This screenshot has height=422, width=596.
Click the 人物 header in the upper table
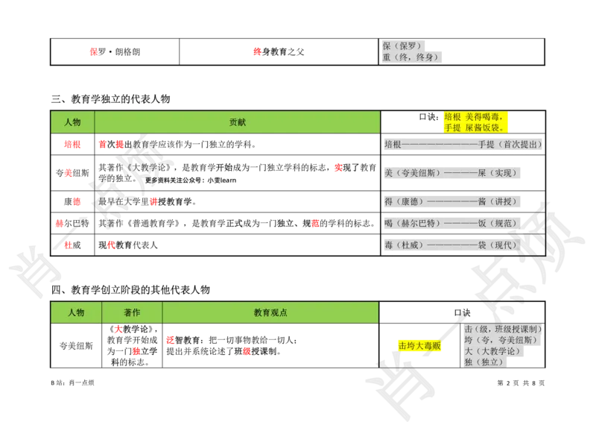pyautogui.click(x=72, y=122)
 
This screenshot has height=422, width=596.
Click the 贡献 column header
pyautogui.click(x=237, y=122)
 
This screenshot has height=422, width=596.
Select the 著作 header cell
pyautogui.click(x=132, y=313)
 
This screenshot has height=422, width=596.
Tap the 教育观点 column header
pyautogui.click(x=270, y=313)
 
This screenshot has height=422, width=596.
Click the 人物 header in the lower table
pyautogui.click(x=76, y=313)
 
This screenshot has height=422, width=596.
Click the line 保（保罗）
pyautogui.click(x=402, y=46)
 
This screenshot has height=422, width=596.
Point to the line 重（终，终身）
pyautogui.click(x=411, y=57)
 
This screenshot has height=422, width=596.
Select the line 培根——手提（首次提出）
pyautogui.click(x=462, y=145)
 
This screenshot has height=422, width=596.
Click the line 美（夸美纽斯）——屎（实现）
pyautogui.click(x=451, y=173)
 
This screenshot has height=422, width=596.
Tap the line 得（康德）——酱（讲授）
pyautogui.click(x=451, y=202)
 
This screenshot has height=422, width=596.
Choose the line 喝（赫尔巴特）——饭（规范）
pyautogui.click(x=451, y=224)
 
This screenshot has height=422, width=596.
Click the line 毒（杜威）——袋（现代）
pyautogui.click(x=451, y=245)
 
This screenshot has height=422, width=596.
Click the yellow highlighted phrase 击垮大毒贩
pyautogui.click(x=419, y=346)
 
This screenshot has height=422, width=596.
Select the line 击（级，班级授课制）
pyautogui.click(x=502, y=329)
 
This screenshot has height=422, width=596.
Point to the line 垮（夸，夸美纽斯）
pyautogui.click(x=498, y=340)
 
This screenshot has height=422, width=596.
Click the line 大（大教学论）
pyautogui.click(x=492, y=351)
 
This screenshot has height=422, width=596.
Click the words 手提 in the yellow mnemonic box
pyautogui.click(x=453, y=128)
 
